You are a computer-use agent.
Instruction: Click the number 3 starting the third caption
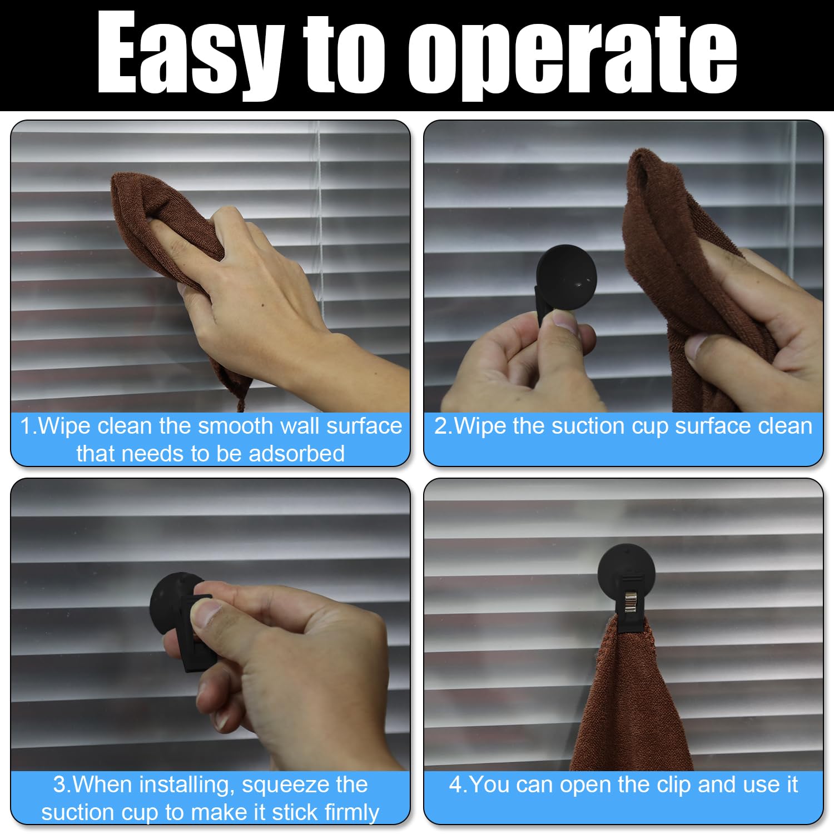pyautogui.click(x=59, y=785)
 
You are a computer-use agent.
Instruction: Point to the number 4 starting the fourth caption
pyautogui.click(x=455, y=785)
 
